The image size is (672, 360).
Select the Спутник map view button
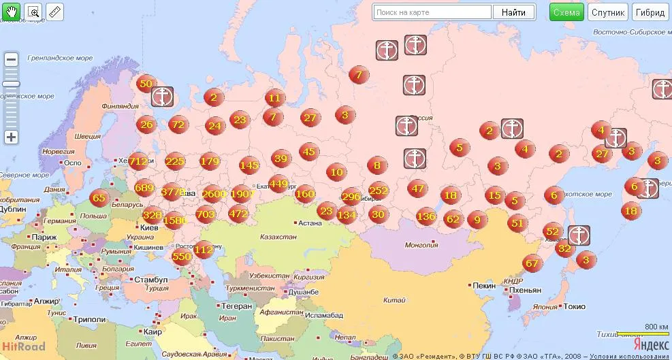pyautogui.click(x=608, y=12)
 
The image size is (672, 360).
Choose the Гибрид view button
pyautogui.click(x=652, y=12)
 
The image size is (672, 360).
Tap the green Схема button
pyautogui.click(x=566, y=12)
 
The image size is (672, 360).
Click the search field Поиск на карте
pyautogui.click(x=432, y=12)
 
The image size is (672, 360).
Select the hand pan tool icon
pyautogui.click(x=11, y=12)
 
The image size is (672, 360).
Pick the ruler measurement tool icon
pyautogui.click(x=55, y=12)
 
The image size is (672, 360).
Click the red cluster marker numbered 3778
pyautogui.click(x=173, y=192)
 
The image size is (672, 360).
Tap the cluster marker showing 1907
pyautogui.click(x=242, y=194)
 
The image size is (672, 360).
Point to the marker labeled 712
pyautogui.click(x=138, y=162)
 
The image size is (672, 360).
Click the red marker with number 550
pyautogui.click(x=182, y=257)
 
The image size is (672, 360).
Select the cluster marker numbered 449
pyautogui.click(x=278, y=183)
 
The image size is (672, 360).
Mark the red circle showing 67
pyautogui.click(x=532, y=264)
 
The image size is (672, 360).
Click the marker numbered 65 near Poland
pyautogui.click(x=99, y=199)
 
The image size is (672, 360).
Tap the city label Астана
pyautogui.click(x=309, y=223)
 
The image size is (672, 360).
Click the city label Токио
pyautogui.click(x=574, y=306)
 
